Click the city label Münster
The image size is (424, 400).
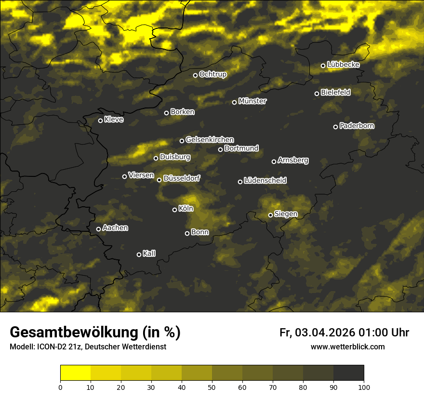(252, 101)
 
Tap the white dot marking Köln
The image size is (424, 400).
(174, 210)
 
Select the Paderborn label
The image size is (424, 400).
(357, 126)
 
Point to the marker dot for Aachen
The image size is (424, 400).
(98, 229)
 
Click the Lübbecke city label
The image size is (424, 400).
(344, 65)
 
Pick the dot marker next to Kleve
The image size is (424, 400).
(100, 120)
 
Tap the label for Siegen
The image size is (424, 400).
(286, 214)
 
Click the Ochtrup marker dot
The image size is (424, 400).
(195, 75)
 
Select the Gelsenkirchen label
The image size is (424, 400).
(210, 140)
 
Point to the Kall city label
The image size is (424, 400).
(149, 253)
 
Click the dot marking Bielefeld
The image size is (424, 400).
(317, 93)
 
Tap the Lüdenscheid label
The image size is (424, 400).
(265, 181)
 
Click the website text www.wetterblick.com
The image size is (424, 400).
(347, 347)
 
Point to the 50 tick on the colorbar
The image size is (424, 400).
(212, 387)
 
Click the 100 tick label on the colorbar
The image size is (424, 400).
(364, 387)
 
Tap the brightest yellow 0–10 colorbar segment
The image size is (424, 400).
(75, 373)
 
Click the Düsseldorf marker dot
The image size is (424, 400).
(159, 180)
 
